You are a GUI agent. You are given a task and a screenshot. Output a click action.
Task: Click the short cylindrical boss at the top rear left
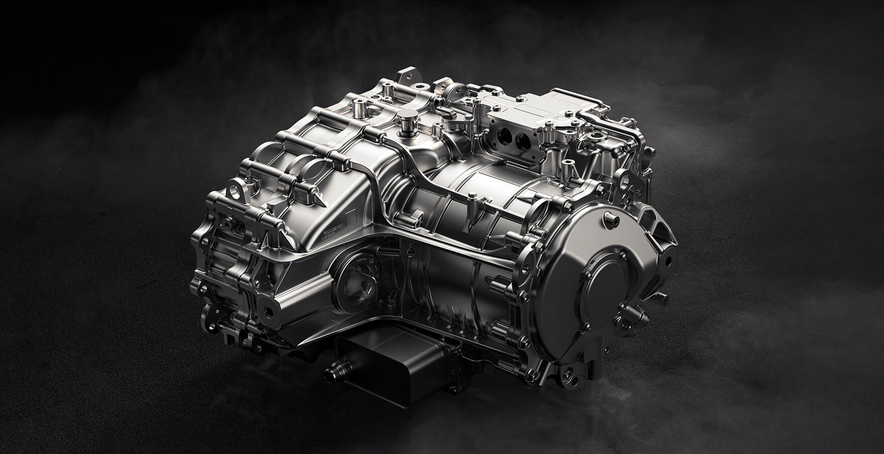[x=361, y=106]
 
